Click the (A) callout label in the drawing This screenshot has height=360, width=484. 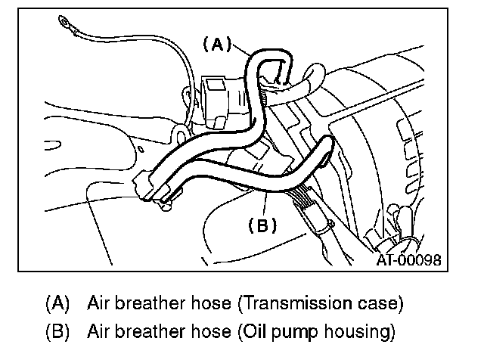(216, 45)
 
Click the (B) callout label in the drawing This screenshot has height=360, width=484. (262, 225)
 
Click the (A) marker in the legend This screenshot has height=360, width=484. (58, 305)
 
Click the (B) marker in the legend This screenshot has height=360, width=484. (58, 331)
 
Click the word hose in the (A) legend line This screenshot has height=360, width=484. (198, 305)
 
